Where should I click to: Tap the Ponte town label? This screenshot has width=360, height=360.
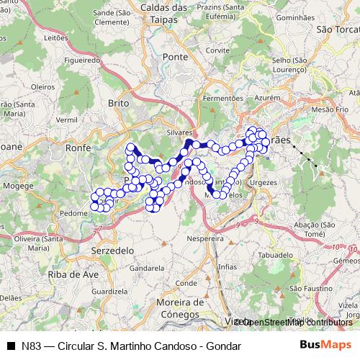coord(175,56)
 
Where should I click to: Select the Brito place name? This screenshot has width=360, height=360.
coord(118,104)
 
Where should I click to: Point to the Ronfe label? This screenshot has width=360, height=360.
coord(78,147)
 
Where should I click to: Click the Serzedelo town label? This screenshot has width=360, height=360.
coord(113,249)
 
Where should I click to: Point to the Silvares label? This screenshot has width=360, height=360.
coord(180,133)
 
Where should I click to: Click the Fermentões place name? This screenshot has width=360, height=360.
coord(223,97)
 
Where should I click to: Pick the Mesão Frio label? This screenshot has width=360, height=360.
coord(331,109)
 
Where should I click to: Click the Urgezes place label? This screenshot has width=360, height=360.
coord(264,183)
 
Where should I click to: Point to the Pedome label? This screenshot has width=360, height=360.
coord(74,213)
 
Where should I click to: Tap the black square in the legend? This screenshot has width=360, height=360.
coord(11,346)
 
